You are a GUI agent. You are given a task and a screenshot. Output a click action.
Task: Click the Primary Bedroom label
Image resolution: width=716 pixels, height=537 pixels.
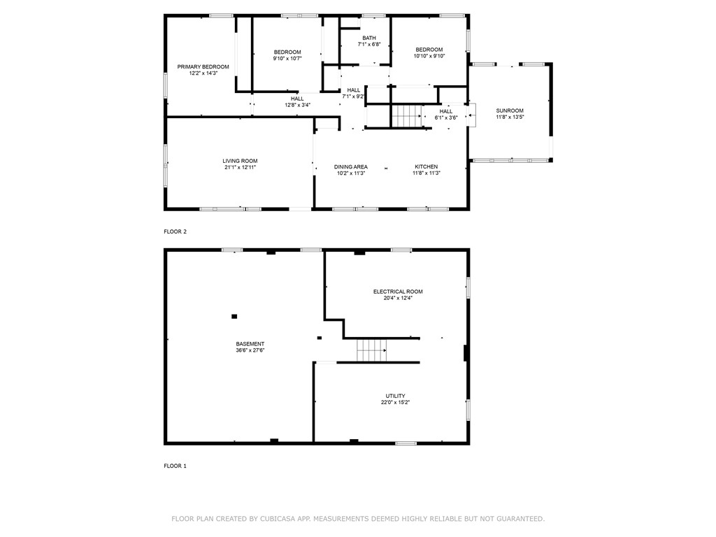point(203,66)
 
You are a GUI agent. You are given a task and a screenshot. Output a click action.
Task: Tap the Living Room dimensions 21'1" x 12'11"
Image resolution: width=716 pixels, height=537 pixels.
point(241,167)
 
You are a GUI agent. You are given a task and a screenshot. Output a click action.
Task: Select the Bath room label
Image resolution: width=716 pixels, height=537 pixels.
point(369,38)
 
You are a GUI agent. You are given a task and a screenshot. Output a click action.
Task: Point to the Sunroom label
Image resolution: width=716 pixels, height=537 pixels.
point(510,110)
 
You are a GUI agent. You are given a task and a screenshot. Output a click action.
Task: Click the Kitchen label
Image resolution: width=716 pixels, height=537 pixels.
point(426,166)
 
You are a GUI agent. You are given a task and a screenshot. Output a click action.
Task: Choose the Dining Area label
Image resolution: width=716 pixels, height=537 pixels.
point(351,166)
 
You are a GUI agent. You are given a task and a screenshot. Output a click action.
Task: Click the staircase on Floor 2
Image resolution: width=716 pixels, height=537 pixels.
point(406,117)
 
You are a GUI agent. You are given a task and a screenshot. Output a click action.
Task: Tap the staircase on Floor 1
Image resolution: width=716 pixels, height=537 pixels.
point(372,350)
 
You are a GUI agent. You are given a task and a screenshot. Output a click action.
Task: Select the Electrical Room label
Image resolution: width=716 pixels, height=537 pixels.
point(398,292)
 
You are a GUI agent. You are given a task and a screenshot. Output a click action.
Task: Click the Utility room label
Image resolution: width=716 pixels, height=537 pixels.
point(396,396)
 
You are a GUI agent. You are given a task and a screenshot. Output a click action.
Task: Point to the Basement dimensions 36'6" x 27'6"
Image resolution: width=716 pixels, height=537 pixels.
point(250,350)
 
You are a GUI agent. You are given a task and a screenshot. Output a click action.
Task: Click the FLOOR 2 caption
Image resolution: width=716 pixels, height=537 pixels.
point(176,231)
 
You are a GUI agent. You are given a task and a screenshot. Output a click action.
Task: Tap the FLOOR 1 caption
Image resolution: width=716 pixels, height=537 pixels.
point(176,466)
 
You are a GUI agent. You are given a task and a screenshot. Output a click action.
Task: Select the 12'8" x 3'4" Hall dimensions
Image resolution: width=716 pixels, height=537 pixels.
point(297,105)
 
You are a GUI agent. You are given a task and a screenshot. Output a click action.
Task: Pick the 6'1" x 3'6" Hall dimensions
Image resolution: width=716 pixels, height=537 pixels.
point(445,117)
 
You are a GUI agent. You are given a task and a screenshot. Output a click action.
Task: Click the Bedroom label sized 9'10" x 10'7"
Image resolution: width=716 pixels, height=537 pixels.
point(287,52)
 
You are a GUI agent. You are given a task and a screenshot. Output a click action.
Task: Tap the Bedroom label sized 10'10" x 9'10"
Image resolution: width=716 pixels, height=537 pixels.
point(429,50)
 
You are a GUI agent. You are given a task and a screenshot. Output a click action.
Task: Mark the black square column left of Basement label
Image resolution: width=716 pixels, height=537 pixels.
point(234,316)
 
